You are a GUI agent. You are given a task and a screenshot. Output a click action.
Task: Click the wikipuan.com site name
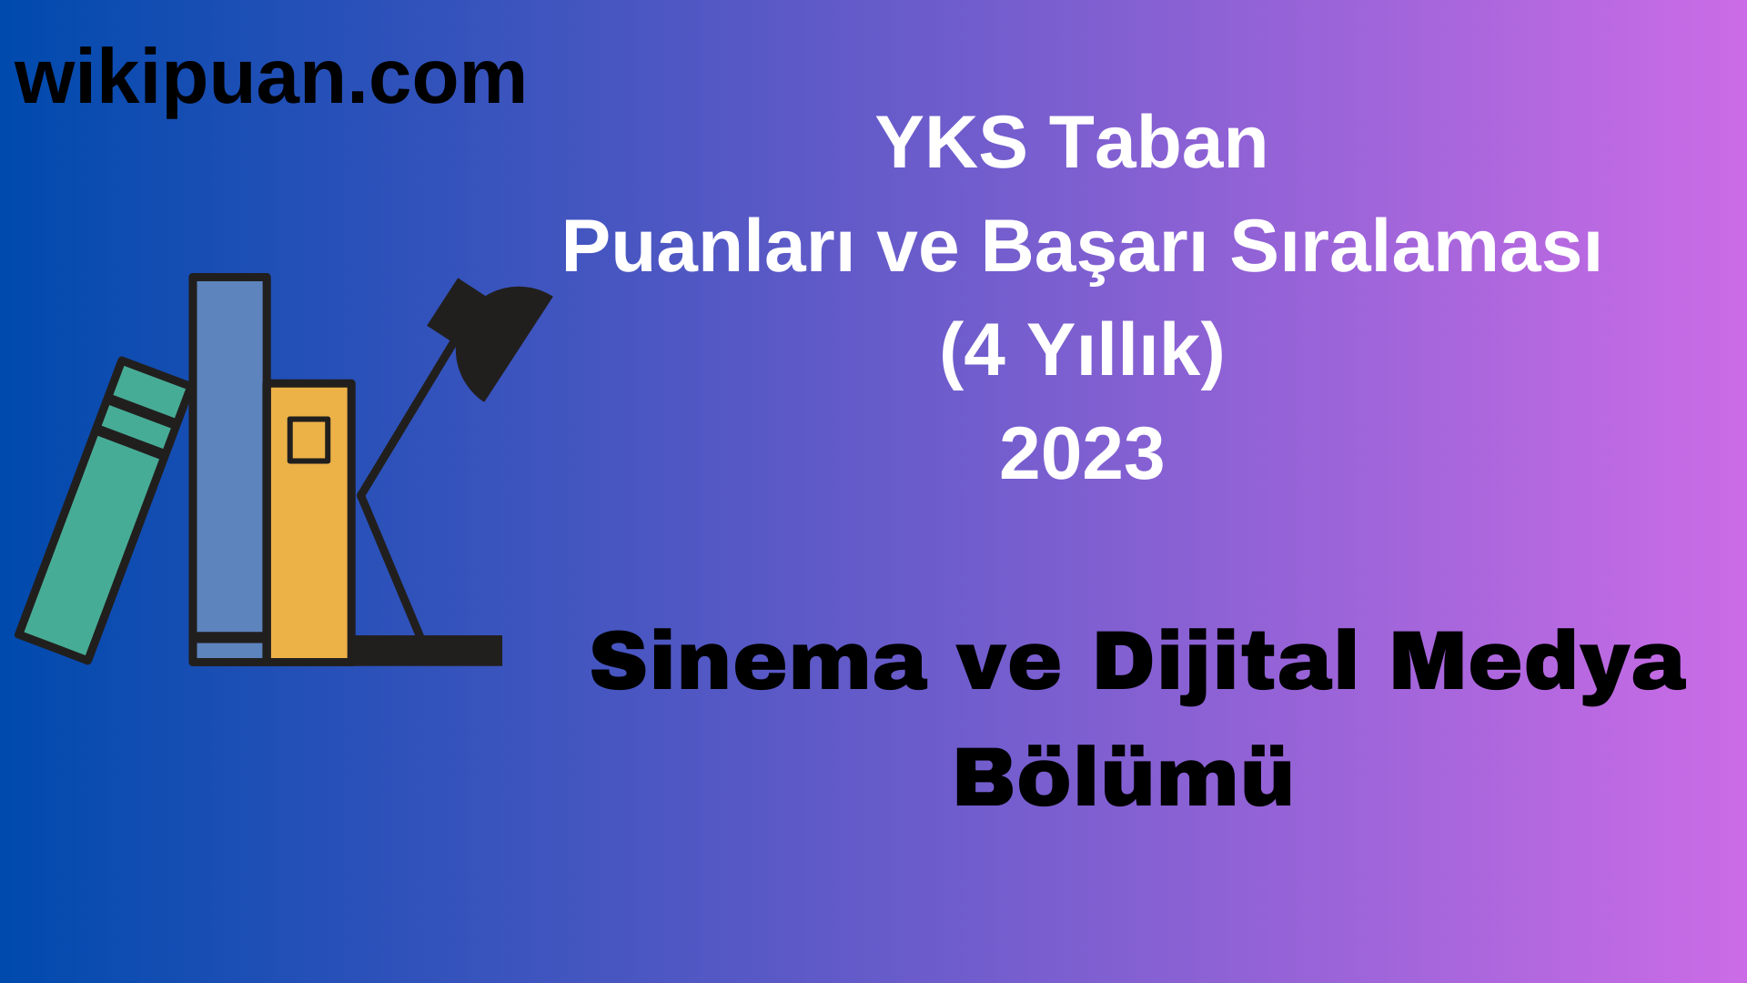point(270,78)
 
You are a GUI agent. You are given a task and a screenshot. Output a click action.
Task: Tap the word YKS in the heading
point(951,143)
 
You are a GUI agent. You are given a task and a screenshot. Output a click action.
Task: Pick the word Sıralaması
point(1415,248)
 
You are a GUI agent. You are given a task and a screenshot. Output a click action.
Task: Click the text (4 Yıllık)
point(1082,350)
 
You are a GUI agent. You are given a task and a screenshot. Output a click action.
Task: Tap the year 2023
point(1082,454)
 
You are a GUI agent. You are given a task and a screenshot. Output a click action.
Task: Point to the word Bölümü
point(1123,778)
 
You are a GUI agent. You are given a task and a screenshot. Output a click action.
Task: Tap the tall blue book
point(229,455)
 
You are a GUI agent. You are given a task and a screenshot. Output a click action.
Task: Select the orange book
point(309,546)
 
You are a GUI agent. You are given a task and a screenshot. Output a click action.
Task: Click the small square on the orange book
point(308,441)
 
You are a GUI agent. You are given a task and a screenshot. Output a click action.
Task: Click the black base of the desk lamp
point(428,650)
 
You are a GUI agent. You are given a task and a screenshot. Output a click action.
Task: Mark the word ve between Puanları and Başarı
point(917,248)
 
